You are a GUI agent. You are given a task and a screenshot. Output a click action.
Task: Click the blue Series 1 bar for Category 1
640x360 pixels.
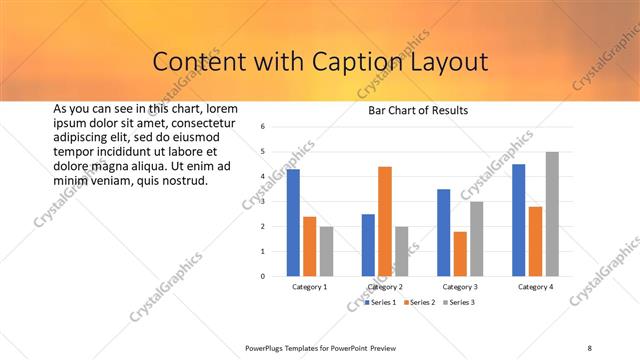click(x=293, y=222)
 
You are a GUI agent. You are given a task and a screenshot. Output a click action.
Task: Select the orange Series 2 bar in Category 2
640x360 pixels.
click(x=385, y=221)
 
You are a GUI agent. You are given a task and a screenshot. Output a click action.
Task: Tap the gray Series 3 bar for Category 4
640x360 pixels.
click(x=552, y=213)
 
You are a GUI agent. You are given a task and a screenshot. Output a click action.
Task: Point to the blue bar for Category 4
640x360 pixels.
click(x=519, y=220)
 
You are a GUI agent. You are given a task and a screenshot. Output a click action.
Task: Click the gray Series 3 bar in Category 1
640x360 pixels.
click(x=326, y=251)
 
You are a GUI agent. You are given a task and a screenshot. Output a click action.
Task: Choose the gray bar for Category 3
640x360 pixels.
click(x=477, y=238)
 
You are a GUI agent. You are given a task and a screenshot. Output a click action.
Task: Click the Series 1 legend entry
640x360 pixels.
click(x=381, y=302)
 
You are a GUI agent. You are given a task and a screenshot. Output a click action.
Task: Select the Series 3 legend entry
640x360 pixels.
click(x=459, y=302)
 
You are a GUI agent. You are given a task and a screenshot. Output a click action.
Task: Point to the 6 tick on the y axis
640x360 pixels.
click(x=261, y=127)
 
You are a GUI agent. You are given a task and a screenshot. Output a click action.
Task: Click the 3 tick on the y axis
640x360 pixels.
click(x=261, y=201)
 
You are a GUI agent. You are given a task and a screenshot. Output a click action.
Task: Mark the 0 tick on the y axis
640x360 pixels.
click(x=261, y=276)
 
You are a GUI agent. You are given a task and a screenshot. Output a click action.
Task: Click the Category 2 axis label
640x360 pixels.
click(x=384, y=287)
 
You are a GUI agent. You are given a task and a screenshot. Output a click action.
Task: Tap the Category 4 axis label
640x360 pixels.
click(x=535, y=287)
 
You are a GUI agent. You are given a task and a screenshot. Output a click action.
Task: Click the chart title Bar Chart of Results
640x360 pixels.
click(x=411, y=110)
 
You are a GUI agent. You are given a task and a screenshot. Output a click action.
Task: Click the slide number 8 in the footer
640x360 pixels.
click(x=590, y=347)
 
